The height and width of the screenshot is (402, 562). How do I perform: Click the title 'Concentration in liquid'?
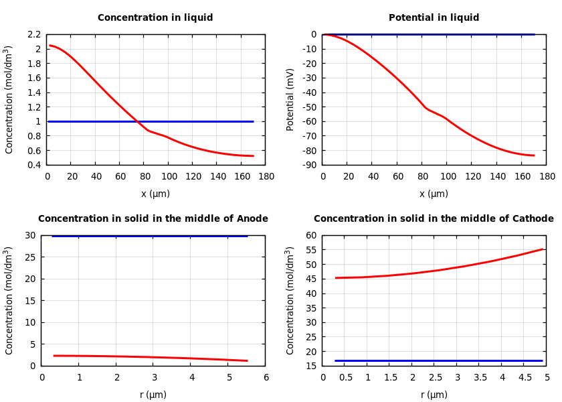click(155, 18)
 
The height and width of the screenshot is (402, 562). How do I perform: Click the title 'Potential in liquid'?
click(434, 18)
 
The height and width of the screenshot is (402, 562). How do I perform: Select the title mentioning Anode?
click(153, 219)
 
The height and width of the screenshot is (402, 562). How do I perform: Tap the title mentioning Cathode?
click(434, 219)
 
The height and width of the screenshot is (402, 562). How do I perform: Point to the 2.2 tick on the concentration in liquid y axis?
click(34, 34)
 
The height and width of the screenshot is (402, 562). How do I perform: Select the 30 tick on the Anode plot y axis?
click(29, 235)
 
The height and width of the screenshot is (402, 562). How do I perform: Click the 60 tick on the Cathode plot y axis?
click(310, 235)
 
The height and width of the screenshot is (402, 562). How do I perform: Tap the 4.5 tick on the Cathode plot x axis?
click(525, 378)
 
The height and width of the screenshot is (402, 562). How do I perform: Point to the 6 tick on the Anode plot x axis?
click(266, 378)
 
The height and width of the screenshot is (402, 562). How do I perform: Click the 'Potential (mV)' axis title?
click(290, 99)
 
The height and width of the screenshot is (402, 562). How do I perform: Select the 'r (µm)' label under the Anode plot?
click(153, 395)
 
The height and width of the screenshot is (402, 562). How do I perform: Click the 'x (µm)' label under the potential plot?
click(434, 194)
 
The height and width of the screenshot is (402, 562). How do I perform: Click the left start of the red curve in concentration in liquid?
click(50, 46)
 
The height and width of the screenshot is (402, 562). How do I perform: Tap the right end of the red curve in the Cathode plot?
click(543, 249)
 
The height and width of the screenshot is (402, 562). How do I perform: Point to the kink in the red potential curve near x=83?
click(426, 108)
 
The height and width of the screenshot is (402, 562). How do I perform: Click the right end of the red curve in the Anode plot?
click(248, 360)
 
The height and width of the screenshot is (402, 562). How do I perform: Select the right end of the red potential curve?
click(534, 155)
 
